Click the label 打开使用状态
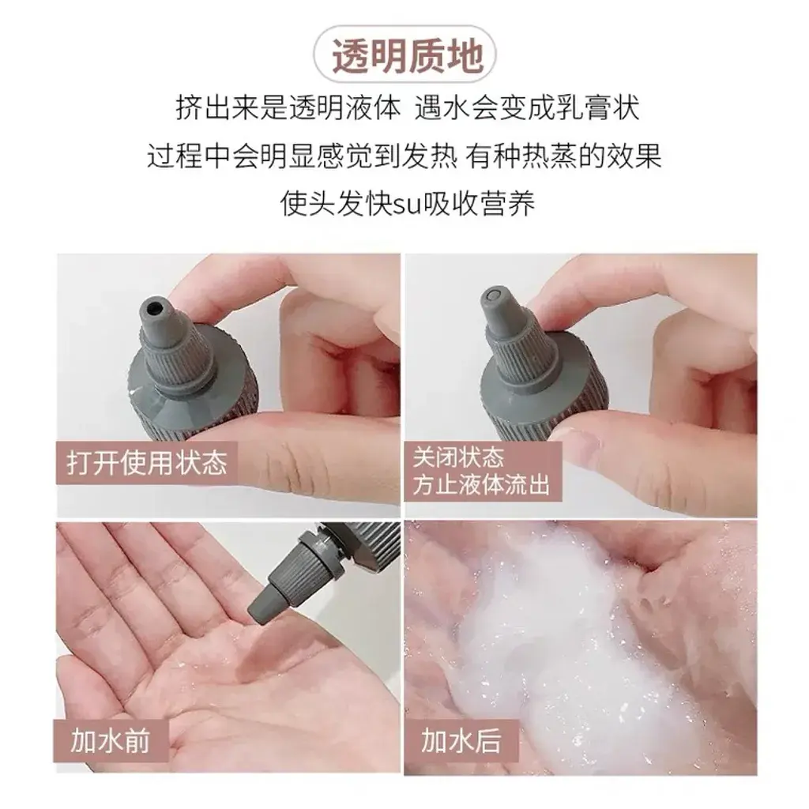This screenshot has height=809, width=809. point(147,461)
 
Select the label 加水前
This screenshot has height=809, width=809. point(110,741)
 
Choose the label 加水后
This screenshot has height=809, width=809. point(461,741)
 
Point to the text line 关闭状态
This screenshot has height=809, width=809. point(458,457)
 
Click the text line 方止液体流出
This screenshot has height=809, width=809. point(481,486)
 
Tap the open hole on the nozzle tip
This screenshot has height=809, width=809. point(155,309)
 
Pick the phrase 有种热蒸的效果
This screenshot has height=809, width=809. point(564,156)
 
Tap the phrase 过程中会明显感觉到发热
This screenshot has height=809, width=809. point(302,156)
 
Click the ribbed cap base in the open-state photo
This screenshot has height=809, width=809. point(191,392)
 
